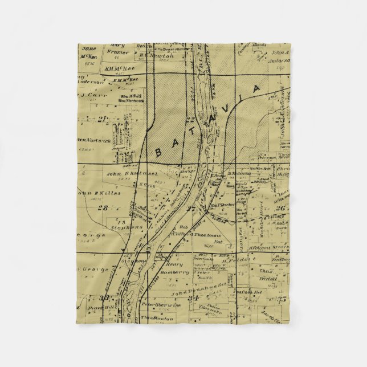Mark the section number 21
click(x=103, y=119)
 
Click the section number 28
click(x=103, y=208)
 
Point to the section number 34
click(x=195, y=297)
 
